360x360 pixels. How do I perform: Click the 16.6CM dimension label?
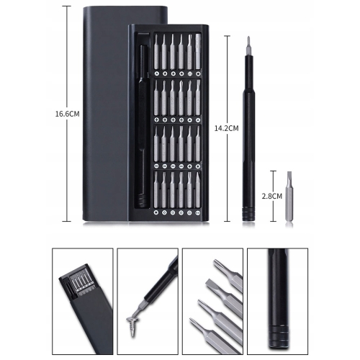pos(68,114)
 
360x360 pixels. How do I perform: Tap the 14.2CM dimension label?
pos(227,128)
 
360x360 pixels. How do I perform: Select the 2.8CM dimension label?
pos(272,197)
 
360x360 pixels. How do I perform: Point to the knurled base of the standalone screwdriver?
pos(248,213)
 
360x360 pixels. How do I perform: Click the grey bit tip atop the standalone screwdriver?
pos(248,45)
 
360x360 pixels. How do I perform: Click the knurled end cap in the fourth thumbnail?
pos(279,336)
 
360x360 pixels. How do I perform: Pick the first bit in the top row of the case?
pos(156,52)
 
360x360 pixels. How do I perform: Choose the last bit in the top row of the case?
pos(198,52)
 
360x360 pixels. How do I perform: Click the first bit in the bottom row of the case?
pos(156,190)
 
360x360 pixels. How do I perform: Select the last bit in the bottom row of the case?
pos(198,190)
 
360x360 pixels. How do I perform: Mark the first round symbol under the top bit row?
pos(156,73)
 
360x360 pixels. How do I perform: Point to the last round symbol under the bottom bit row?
pos(198,212)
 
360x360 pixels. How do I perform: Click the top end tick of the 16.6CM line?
pos(67,6)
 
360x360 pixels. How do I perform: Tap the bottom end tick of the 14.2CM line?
pos(227,221)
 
